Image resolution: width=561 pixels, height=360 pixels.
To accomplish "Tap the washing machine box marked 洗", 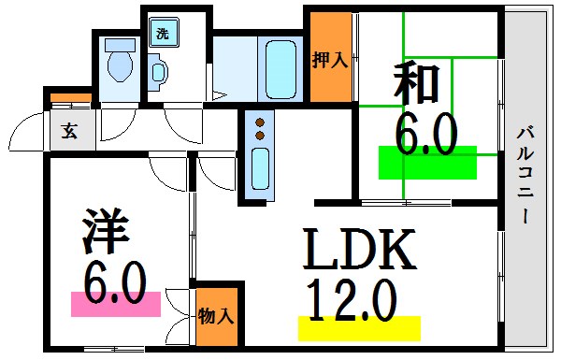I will [x=162, y=35].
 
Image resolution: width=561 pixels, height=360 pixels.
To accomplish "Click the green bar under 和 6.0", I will [x=427, y=162].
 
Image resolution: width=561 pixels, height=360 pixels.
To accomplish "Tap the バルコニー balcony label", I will [x=526, y=178].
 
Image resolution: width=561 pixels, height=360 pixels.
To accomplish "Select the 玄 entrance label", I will [x=70, y=130].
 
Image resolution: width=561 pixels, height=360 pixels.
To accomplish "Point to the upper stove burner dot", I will [x=260, y=122].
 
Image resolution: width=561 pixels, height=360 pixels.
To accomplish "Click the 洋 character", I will [x=104, y=232].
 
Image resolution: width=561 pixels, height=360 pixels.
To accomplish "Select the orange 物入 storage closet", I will [x=216, y=315].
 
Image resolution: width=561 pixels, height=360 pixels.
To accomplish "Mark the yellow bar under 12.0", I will [x=359, y=328].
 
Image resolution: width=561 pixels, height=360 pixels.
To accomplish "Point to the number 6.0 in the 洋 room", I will [x=115, y=280].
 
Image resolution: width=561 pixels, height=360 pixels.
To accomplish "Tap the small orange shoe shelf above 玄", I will [x=70, y=97].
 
